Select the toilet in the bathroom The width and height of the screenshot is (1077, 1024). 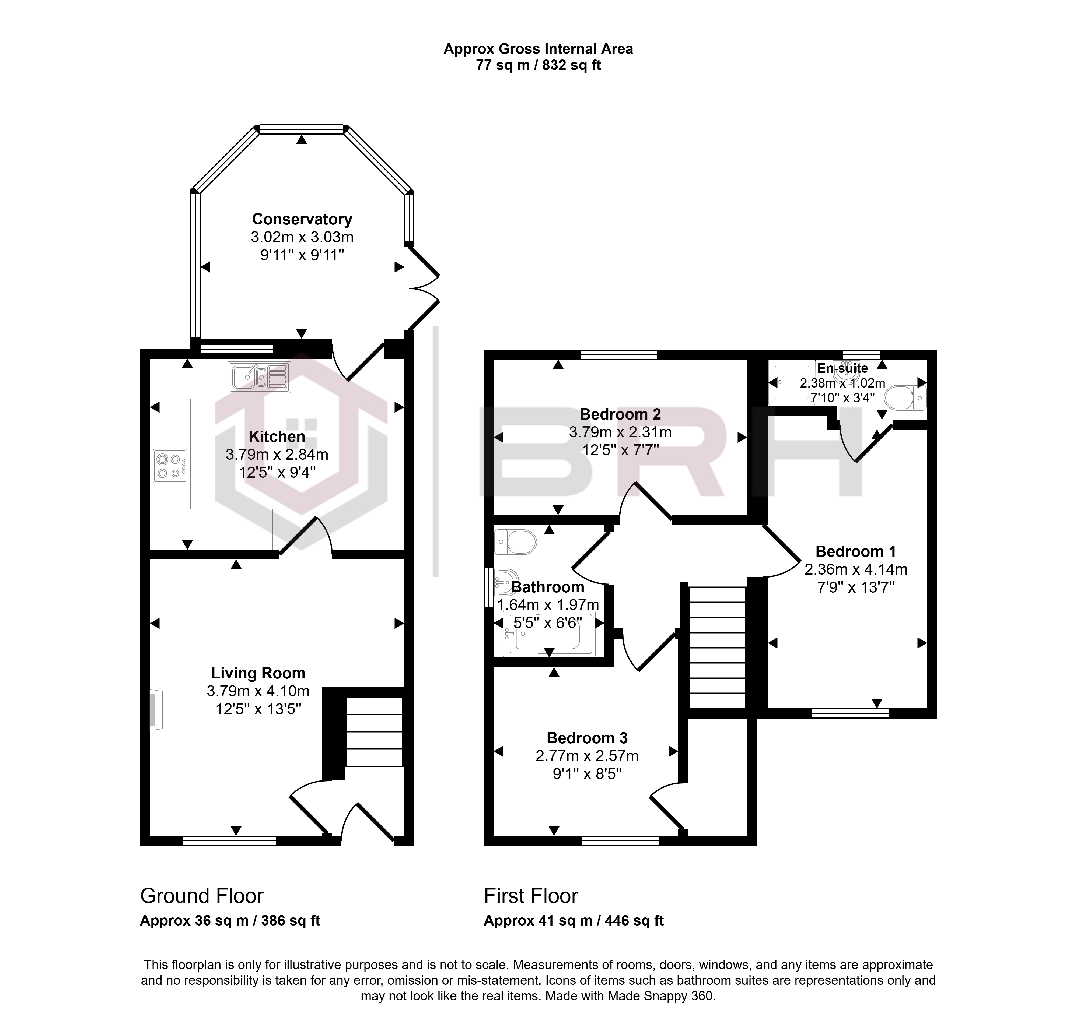[515, 542]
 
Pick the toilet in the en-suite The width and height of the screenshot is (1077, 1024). [904, 398]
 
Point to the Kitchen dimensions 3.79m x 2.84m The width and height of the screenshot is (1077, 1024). [277, 455]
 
